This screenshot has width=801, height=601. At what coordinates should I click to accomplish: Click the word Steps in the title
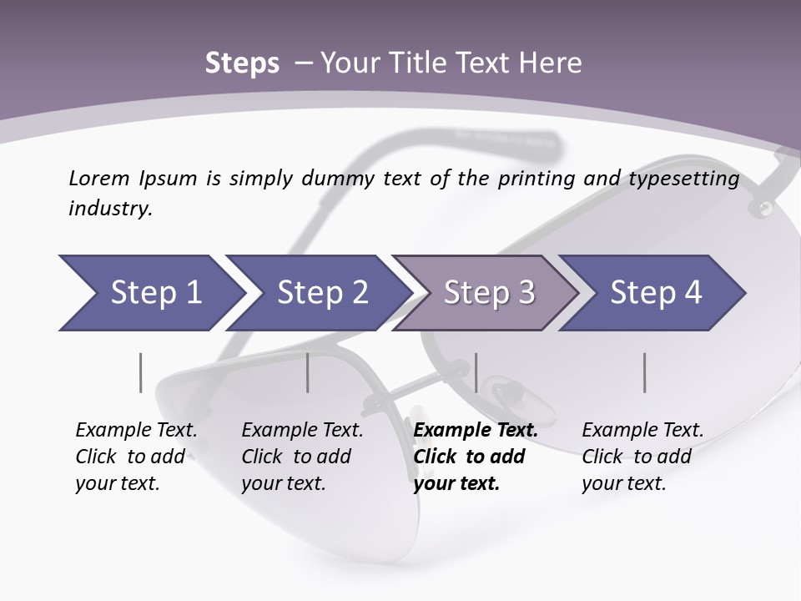tap(242, 63)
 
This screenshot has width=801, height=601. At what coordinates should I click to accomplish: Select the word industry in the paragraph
tap(110, 209)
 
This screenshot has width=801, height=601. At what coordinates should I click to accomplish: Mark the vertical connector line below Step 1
tap(141, 372)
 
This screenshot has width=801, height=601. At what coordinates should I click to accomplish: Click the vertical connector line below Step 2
tap(308, 372)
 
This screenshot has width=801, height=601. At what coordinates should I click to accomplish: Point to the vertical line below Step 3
tap(476, 372)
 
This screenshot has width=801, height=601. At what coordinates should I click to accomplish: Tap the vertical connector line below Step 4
tap(644, 372)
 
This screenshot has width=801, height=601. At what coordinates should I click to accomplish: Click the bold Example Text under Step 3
tap(476, 431)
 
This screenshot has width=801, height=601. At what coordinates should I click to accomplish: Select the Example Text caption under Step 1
tap(136, 431)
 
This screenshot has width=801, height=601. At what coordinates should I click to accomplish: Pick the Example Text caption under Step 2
tap(302, 431)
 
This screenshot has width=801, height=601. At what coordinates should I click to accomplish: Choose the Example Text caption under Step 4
tap(642, 431)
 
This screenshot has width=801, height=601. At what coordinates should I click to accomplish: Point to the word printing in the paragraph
tap(537, 178)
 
